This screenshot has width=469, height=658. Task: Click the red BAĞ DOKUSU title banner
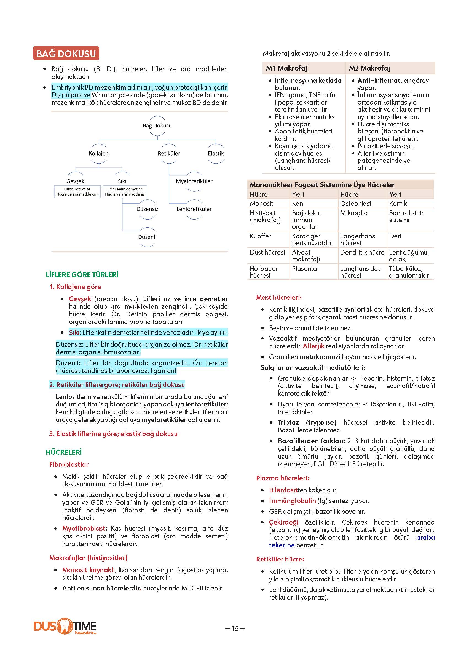point(66,54)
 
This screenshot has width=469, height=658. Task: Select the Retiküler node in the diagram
point(169,153)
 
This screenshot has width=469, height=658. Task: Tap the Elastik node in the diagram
point(216,153)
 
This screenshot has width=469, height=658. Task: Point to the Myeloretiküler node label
point(194,181)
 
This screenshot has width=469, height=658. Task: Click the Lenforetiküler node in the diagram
point(194,209)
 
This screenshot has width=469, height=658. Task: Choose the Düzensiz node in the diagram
point(147,209)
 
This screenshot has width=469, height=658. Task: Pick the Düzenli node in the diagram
point(147,237)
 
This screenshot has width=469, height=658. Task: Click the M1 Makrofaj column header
point(287,68)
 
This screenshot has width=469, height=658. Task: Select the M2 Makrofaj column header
point(369,68)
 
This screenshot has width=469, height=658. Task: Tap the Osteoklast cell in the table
point(356,203)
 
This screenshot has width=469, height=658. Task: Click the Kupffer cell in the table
point(261,236)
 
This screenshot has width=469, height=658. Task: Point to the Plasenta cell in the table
point(304,268)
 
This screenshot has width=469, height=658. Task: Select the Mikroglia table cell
point(354,213)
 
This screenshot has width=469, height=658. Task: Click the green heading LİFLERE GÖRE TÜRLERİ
point(82,274)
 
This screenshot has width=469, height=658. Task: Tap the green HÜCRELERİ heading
point(64,452)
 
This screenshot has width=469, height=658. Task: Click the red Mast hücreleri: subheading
point(279,297)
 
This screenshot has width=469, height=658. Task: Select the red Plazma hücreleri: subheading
point(282,478)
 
